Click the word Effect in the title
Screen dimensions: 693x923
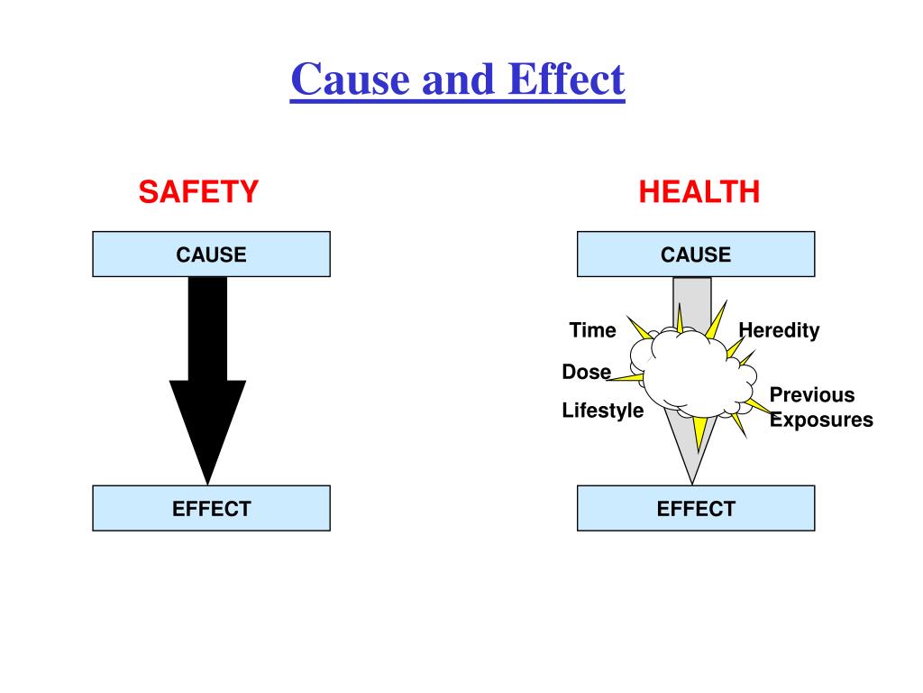click(x=565, y=79)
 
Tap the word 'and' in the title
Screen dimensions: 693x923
click(x=452, y=79)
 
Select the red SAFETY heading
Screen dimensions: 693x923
click(x=198, y=191)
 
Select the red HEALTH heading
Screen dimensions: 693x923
click(x=699, y=191)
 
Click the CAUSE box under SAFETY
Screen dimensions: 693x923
click(x=211, y=254)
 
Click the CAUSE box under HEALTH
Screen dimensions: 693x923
click(x=696, y=254)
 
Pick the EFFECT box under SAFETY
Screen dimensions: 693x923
click(x=211, y=508)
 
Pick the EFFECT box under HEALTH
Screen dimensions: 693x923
click(x=696, y=508)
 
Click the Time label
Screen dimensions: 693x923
click(x=592, y=330)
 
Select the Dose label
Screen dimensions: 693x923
click(x=586, y=372)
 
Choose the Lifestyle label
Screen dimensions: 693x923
click(x=603, y=411)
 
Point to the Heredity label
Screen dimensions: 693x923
click(x=779, y=330)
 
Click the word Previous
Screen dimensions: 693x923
click(x=811, y=395)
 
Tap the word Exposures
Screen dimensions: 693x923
click(x=821, y=420)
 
